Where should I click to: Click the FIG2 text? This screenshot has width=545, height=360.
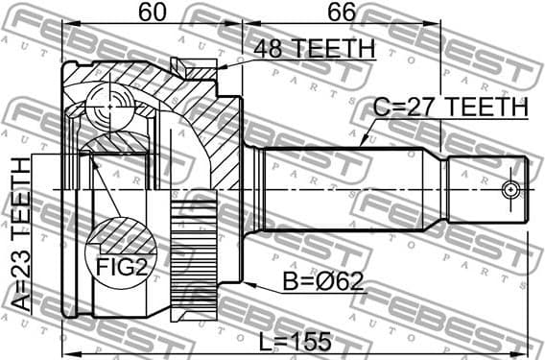click(x=121, y=266)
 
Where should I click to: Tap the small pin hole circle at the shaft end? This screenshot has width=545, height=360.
click(x=511, y=187)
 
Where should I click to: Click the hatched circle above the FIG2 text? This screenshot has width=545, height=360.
click(x=120, y=234)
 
